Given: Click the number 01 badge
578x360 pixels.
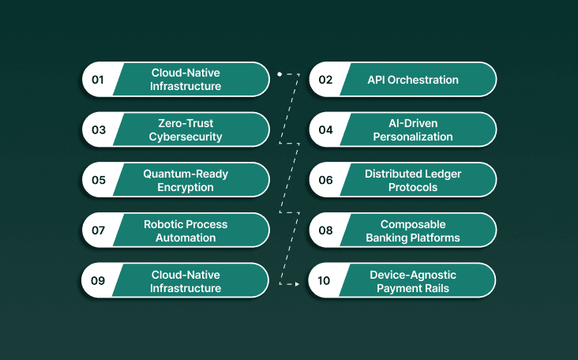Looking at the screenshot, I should click(98, 79).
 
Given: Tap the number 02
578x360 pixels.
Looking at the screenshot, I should click(325, 79).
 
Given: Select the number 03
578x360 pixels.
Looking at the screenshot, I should click(98, 129).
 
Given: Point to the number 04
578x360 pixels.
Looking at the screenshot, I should click(325, 129).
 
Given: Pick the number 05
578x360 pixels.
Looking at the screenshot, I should click(98, 180).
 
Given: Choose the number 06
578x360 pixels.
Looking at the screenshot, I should click(325, 180).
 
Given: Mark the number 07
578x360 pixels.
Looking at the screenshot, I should click(98, 231).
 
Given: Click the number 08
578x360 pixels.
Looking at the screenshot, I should click(325, 231).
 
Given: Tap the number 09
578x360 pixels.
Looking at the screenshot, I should click(98, 280).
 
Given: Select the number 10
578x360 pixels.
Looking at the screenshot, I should click(325, 280).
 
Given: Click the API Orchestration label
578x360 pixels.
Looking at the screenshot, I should click(413, 79).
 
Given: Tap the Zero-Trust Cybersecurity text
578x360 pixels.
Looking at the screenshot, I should click(186, 129).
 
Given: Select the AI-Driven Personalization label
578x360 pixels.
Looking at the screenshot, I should click(413, 129).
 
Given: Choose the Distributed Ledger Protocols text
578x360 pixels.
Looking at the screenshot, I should click(413, 180).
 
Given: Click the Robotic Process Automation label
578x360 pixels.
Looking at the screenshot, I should click(185, 231).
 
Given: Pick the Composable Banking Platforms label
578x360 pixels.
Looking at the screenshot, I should click(413, 231).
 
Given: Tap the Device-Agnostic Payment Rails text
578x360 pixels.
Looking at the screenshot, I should click(413, 280).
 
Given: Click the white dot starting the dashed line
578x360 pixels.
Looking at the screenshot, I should click(280, 73).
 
